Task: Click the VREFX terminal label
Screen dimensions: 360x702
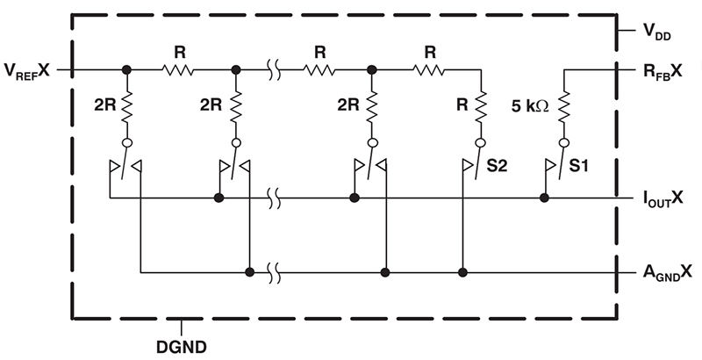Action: [x=29, y=69]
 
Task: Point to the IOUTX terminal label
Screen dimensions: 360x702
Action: [x=668, y=199]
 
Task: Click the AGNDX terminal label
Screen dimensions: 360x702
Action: [x=668, y=272]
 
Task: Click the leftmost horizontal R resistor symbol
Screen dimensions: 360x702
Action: [x=180, y=69]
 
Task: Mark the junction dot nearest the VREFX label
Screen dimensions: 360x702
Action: [x=126, y=69]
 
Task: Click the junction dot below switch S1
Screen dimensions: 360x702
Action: [x=544, y=199]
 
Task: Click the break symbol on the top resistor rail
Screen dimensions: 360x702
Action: [x=276, y=69]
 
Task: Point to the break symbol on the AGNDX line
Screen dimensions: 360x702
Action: [x=276, y=272]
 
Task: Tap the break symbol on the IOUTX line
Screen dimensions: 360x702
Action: [x=276, y=199]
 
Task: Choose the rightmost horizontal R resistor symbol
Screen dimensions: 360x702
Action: [x=430, y=69]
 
